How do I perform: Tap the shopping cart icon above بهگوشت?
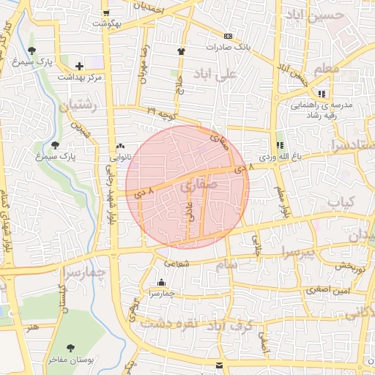(x=107, y=13)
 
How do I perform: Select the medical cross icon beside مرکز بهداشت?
(x=79, y=66)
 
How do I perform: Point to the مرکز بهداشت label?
(x=100, y=77)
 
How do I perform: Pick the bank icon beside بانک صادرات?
(x=228, y=35)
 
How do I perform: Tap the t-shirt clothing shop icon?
(x=181, y=51)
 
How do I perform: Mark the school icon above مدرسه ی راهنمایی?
(x=322, y=94)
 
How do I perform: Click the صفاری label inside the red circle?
(x=197, y=187)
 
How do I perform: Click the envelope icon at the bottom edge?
(x=219, y=365)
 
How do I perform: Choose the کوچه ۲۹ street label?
(x=162, y=111)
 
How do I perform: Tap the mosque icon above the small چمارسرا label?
(x=162, y=283)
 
